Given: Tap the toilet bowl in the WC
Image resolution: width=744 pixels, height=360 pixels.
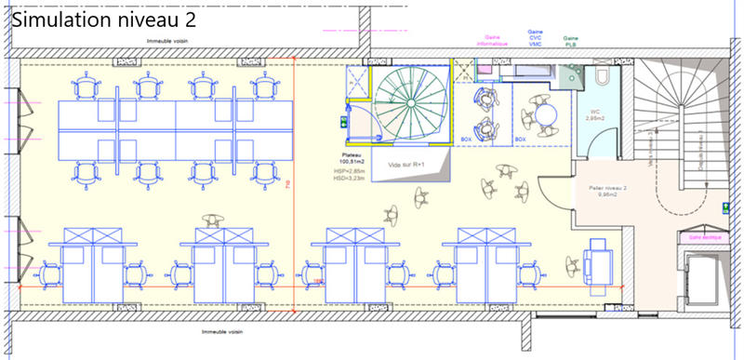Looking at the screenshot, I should (602, 77).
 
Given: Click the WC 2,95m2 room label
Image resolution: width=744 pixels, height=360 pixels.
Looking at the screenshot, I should (595, 116).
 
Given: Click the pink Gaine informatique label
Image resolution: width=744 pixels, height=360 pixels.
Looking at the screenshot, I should (494, 40).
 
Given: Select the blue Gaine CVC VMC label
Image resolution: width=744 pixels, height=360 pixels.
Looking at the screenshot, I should (536, 37).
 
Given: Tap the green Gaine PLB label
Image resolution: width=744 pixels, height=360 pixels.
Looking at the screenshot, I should (569, 40).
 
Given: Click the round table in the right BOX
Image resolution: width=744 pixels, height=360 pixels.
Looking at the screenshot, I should (541, 115).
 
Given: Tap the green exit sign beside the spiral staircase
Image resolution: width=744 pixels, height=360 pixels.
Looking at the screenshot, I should (343, 122).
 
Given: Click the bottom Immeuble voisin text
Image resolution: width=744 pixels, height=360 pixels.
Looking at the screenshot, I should (224, 331).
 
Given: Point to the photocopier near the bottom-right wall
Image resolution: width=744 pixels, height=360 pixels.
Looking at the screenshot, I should (594, 260).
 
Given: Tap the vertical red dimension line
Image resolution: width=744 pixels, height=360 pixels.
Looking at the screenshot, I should (294, 186).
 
